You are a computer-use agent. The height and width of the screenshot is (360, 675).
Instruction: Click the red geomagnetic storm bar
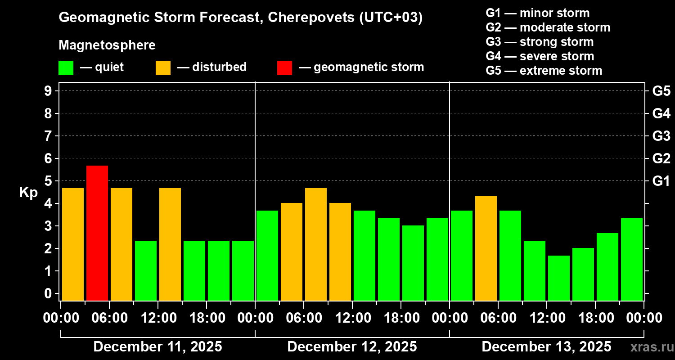coord(97,233)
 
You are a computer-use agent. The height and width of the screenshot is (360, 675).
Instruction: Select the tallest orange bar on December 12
coord(316,244)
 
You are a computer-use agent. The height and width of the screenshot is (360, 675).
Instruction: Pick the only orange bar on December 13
coord(486,247)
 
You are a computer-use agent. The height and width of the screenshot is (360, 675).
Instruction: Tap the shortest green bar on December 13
coord(559,278)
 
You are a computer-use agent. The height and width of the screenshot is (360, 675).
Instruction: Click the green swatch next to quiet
coord(66,67)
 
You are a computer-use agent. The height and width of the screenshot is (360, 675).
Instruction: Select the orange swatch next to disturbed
coord(163,67)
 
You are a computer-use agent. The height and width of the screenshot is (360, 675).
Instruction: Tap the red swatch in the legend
coord(284,67)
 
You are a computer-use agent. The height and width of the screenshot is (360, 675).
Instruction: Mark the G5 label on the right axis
coord(661,91)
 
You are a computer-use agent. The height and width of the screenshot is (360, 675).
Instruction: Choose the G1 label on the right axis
coord(661,181)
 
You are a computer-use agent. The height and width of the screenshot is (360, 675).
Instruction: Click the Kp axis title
coord(28,193)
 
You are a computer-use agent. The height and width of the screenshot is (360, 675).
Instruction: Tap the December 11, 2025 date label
coord(157,347)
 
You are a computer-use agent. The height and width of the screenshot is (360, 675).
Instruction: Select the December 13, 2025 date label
coord(546,347)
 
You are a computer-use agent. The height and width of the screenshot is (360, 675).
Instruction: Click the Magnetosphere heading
coord(107,45)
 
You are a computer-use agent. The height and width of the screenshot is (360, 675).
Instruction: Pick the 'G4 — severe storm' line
coord(540,56)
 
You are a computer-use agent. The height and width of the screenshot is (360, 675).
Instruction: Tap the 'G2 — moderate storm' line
coord(548,27)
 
